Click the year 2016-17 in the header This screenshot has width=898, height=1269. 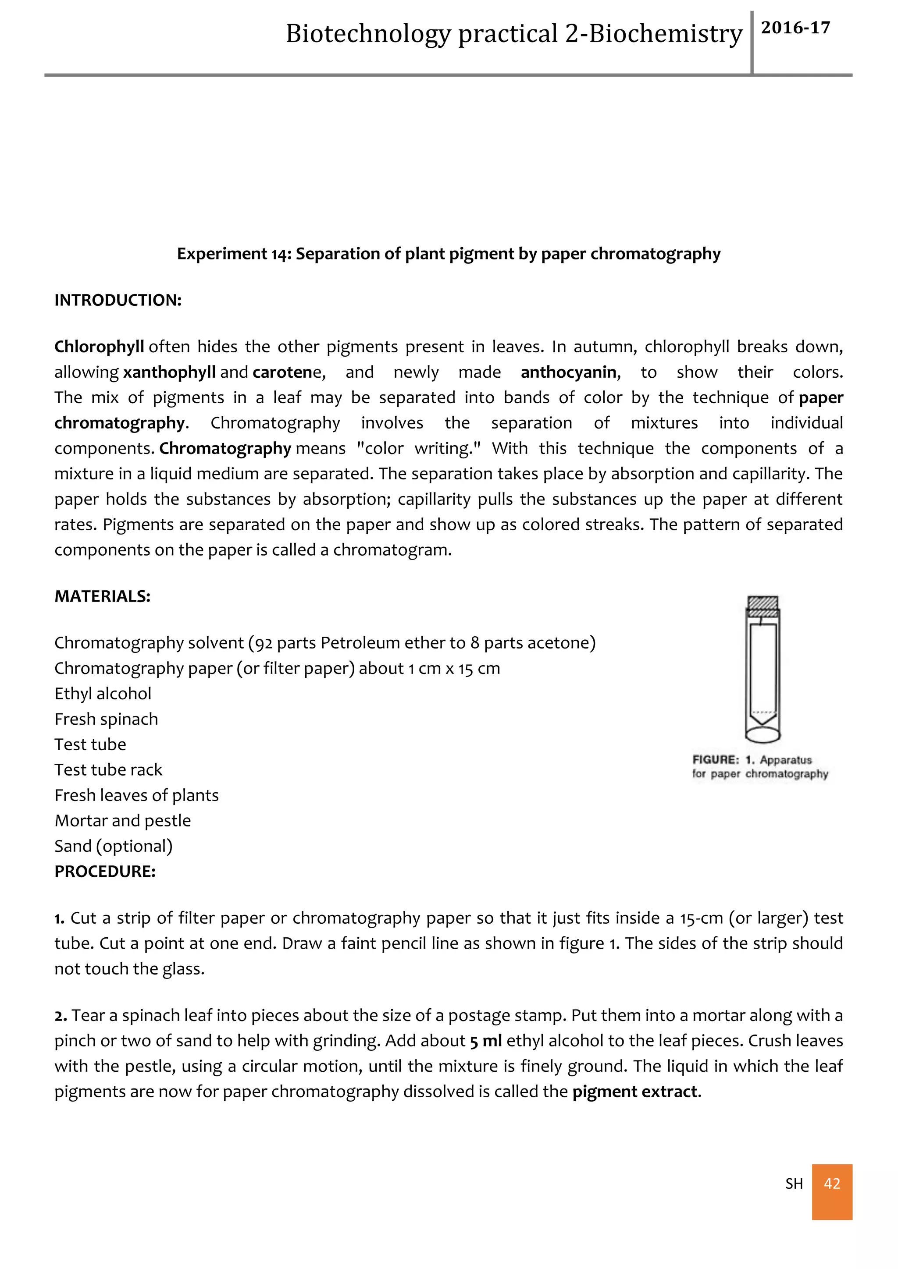point(795,28)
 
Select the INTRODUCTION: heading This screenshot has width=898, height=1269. point(118,300)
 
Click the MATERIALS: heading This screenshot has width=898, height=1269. point(102,596)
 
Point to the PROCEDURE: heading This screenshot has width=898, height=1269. point(105,872)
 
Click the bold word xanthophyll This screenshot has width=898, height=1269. point(169,372)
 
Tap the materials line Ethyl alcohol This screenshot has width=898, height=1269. point(103,694)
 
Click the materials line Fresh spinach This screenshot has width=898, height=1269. point(106,719)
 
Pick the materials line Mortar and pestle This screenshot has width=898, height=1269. point(123,821)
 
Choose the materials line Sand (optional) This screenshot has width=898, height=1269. point(114,846)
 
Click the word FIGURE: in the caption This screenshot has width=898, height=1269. point(716,760)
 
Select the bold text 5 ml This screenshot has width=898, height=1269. point(485,1041)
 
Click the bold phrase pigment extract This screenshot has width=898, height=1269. point(635,1092)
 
